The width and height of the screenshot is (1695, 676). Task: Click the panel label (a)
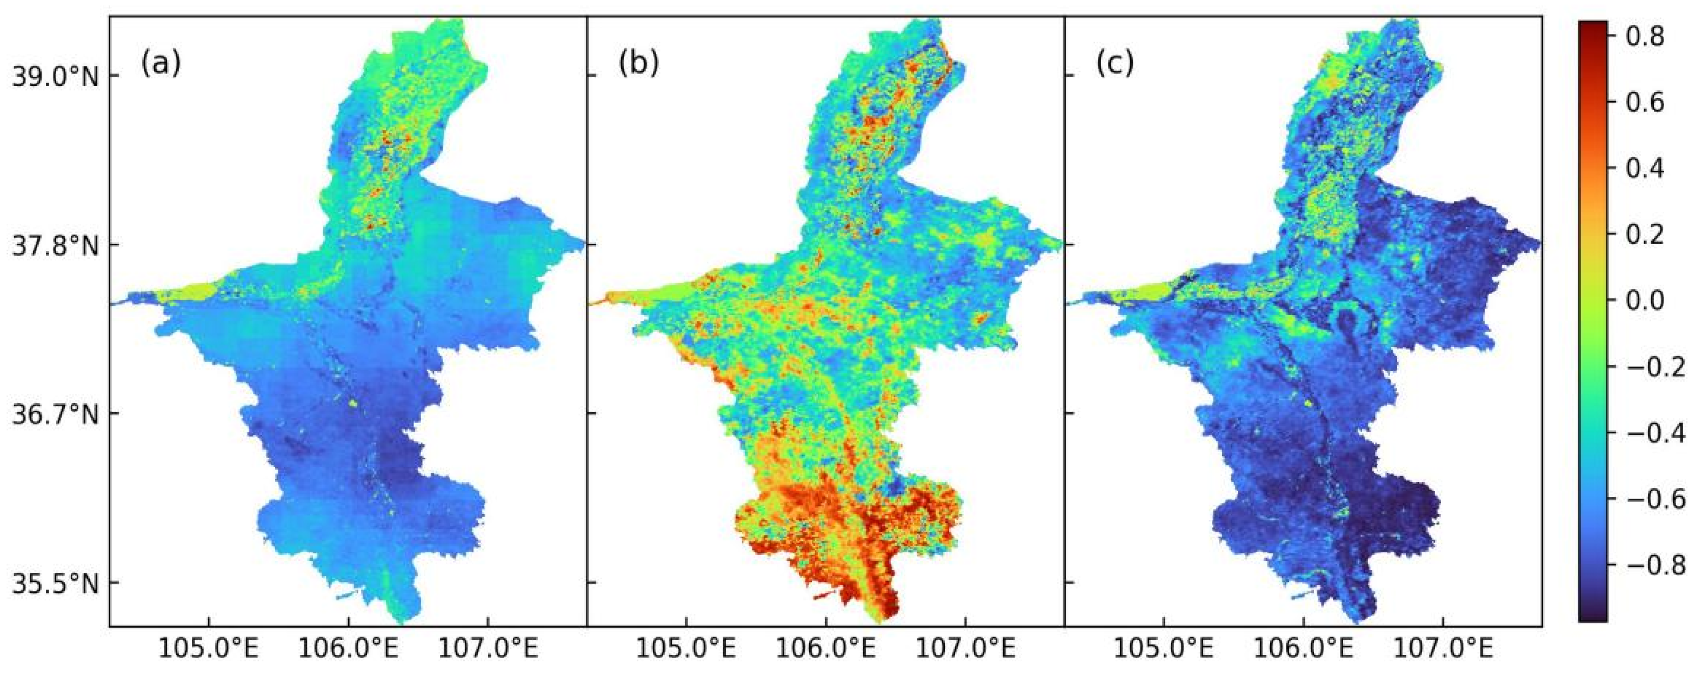click(160, 64)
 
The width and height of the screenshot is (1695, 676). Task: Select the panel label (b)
click(638, 64)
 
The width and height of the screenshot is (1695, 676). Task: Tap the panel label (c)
click(1115, 64)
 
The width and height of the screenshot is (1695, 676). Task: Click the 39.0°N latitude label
click(55, 78)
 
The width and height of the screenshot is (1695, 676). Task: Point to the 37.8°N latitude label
click(55, 246)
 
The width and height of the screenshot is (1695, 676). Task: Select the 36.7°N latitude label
click(55, 415)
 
